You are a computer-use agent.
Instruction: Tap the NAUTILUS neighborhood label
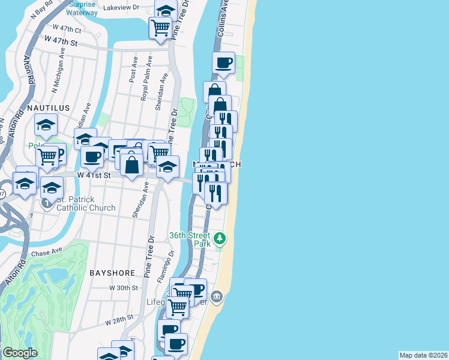click(48, 108)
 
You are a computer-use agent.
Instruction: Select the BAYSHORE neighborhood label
click(112, 272)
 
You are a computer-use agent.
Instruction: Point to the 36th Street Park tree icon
click(221, 239)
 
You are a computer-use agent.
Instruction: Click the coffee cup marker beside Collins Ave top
click(223, 62)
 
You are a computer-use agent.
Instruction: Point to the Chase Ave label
click(47, 253)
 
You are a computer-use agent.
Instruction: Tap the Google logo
click(20, 353)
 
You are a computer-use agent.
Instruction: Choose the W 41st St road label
click(94, 175)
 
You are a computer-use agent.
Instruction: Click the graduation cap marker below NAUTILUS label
click(46, 125)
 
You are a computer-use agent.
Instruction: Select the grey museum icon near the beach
click(217, 296)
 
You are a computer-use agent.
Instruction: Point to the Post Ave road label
click(133, 70)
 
